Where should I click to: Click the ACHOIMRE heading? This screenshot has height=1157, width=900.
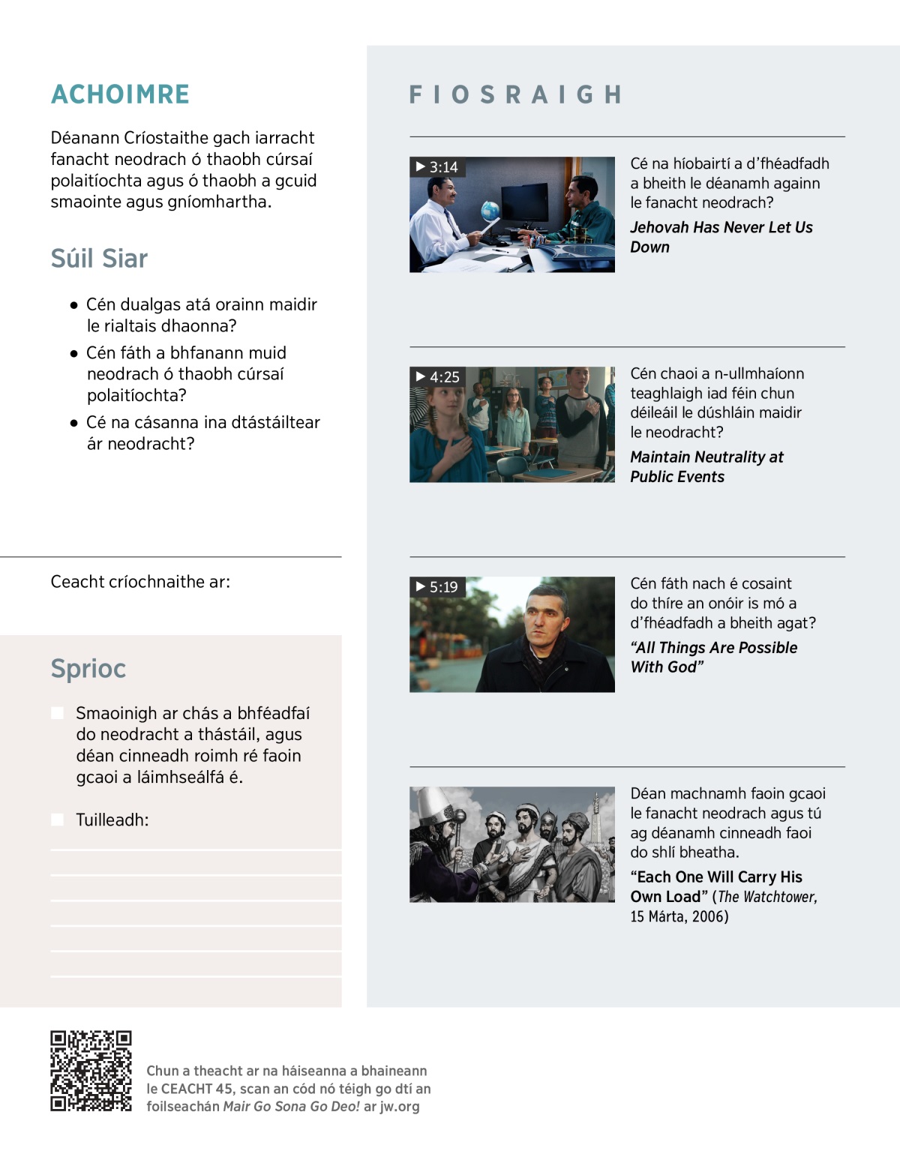(x=120, y=94)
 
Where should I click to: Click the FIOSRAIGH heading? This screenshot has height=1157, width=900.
(x=516, y=94)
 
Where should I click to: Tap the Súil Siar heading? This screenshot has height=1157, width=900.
(x=99, y=259)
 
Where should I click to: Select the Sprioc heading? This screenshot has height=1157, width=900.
(x=88, y=669)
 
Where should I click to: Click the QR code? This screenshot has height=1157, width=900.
(x=91, y=1071)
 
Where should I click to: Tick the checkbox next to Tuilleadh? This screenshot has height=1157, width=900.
(x=57, y=820)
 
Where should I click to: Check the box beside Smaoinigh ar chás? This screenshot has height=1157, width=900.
(x=57, y=713)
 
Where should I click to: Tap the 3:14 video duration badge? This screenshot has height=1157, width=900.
(x=438, y=167)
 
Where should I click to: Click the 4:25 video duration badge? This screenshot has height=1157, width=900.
(x=438, y=377)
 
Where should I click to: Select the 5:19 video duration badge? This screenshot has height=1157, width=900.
(x=438, y=587)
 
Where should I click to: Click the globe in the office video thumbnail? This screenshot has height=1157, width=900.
(x=490, y=210)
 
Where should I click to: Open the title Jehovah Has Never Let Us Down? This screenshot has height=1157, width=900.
(x=721, y=237)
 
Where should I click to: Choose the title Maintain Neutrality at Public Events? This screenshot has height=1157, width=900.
(x=706, y=467)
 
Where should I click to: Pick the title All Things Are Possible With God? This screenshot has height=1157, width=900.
(x=713, y=658)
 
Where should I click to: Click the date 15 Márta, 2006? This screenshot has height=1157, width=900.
(x=679, y=916)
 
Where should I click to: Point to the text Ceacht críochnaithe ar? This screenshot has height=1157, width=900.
(x=140, y=582)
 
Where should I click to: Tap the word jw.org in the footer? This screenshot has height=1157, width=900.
(x=400, y=1107)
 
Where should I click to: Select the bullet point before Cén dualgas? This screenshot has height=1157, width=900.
(x=73, y=305)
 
